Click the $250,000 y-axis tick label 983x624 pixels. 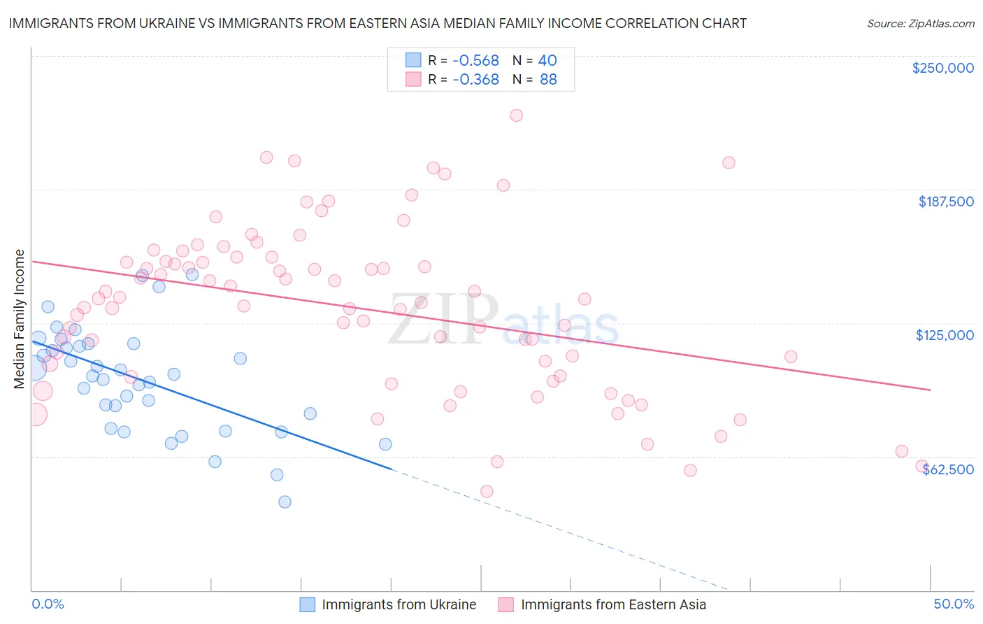[942, 68]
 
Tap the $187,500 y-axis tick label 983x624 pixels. [945, 201]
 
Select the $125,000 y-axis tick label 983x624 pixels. [945, 335]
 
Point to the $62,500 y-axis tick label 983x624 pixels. [948, 469]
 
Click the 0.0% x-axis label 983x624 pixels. [48, 604]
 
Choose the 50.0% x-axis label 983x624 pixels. [954, 604]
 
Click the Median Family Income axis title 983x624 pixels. [19, 318]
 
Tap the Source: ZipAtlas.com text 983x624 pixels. [920, 23]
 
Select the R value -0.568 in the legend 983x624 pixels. [475, 60]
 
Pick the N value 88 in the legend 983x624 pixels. [548, 79]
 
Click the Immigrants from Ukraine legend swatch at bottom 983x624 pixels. [308, 604]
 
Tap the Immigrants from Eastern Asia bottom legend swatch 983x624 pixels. [506, 604]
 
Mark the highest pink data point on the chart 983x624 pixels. [516, 115]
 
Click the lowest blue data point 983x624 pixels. [285, 502]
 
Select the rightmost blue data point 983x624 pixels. [385, 444]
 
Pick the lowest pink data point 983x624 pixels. [487, 491]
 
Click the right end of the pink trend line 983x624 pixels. [930, 389]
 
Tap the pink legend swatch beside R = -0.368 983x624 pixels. [413, 79]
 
